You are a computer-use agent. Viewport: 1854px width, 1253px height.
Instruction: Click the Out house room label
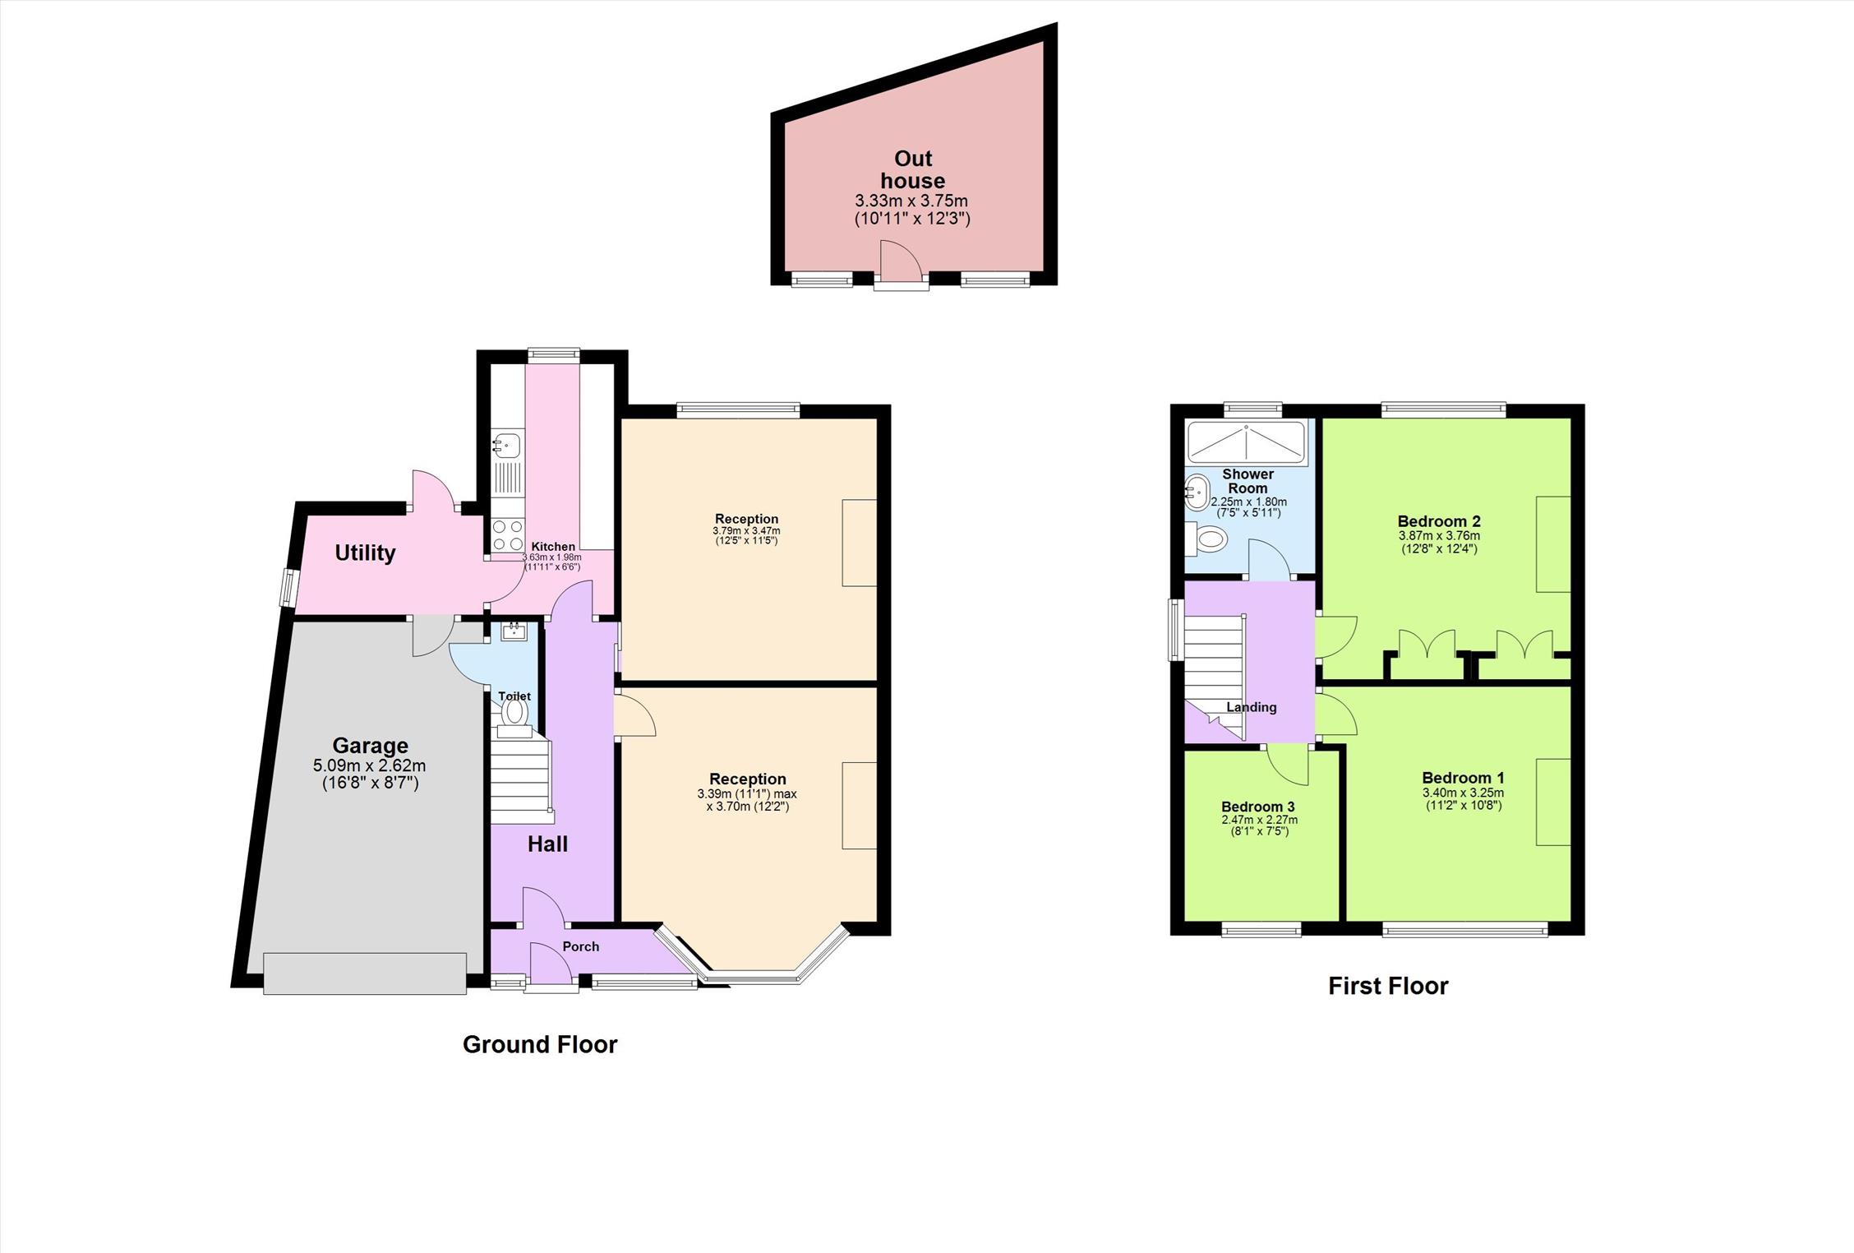pos(913,169)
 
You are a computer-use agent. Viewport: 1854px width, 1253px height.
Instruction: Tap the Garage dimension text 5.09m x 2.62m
pos(370,766)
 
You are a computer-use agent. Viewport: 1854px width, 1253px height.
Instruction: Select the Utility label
pos(365,553)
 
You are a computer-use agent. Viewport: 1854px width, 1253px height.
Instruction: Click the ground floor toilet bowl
pos(514,712)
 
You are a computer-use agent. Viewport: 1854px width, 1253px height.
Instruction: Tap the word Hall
pos(547,844)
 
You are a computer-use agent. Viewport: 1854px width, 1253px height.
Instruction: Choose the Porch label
pos(581,946)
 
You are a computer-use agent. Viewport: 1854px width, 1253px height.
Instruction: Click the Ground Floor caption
pos(540,1044)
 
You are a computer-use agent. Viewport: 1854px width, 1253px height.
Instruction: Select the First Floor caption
pos(1388,986)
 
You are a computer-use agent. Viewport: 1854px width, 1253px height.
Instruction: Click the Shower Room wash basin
pos(1197,493)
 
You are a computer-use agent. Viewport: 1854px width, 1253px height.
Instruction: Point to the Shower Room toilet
pos(1206,540)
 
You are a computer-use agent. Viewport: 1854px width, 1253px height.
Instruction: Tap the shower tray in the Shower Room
pos(1246,442)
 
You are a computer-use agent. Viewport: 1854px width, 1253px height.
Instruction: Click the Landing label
pos(1252,707)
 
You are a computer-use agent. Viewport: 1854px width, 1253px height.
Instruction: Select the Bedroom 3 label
pos(1257,807)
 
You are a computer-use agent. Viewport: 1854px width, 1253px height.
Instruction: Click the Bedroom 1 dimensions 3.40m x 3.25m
pos(1464,793)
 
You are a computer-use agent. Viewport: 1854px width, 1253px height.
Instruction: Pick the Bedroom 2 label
pos(1439,521)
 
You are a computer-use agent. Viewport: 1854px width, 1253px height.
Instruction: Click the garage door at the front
pos(365,973)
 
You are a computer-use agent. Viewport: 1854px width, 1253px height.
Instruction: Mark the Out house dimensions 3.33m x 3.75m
pos(911,201)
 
